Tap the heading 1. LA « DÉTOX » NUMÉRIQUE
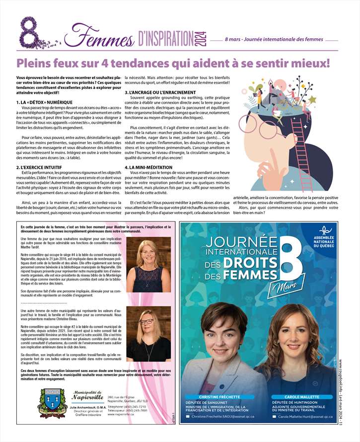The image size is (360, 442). coord(45,102)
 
